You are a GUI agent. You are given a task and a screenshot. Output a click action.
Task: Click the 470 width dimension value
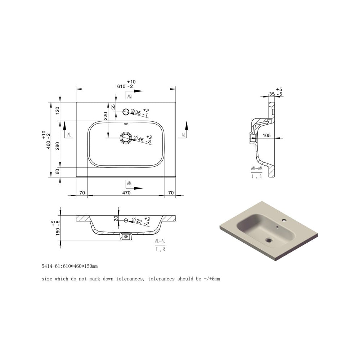tap(126, 193)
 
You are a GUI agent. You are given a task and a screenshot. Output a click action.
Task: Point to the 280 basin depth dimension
tap(57, 146)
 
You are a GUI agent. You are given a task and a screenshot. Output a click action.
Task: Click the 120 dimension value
tap(57, 111)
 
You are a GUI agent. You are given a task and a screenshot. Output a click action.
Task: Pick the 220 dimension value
tap(105, 116)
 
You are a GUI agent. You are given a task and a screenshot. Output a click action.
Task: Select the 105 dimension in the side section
tap(266, 135)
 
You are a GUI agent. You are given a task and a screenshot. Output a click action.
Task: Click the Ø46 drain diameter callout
tap(143, 139)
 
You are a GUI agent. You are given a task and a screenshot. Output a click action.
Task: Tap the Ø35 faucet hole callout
tap(140, 113)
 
